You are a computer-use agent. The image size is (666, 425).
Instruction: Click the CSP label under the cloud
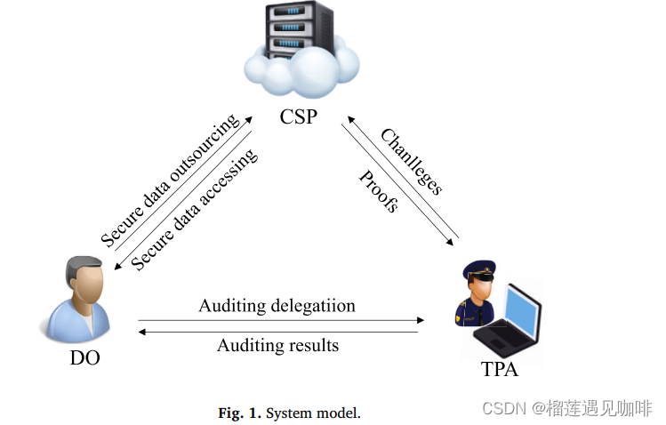[x=298, y=116]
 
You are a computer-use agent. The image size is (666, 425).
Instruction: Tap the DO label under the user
[x=84, y=358]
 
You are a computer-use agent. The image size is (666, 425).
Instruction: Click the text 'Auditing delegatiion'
[x=277, y=306]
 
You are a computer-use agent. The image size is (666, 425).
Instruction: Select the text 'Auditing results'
[x=277, y=345]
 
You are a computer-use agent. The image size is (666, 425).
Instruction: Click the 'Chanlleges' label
[x=411, y=162]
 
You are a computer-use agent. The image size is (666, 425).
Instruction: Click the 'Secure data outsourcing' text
[x=169, y=180]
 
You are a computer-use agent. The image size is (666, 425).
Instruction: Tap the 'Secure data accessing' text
[x=195, y=210]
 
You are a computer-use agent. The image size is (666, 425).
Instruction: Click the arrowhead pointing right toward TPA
[x=421, y=319]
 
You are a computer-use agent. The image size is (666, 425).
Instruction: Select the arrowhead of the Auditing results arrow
[x=142, y=332]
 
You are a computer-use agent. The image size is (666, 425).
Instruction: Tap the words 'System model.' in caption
[x=313, y=413]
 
